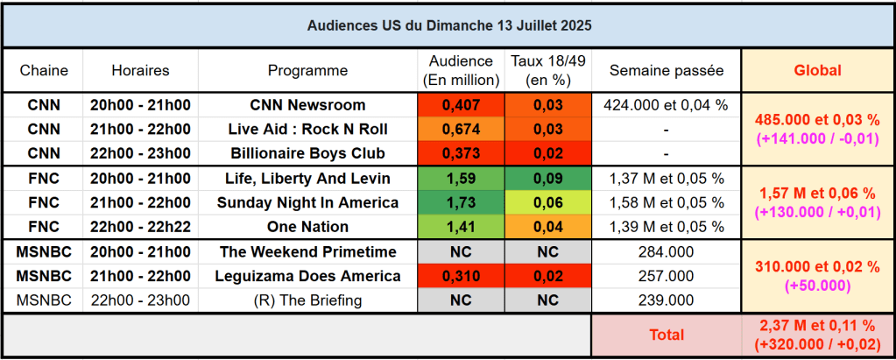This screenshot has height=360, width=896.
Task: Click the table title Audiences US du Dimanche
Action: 448,25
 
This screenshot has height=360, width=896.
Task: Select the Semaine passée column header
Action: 667,70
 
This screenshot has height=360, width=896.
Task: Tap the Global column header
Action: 817,70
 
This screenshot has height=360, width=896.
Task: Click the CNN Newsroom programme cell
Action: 307,105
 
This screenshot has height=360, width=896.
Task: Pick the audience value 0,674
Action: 461,130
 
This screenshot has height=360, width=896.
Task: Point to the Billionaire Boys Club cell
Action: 307,153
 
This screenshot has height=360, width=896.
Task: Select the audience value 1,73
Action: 461,202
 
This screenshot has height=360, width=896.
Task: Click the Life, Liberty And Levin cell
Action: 307,179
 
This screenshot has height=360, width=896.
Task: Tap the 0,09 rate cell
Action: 547,179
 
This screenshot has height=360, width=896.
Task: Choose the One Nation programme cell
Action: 307,227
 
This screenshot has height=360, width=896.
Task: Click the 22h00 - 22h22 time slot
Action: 140,227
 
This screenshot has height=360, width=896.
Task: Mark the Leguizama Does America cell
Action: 307,276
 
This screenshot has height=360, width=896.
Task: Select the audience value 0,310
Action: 461,276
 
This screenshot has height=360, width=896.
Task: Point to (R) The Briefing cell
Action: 307,300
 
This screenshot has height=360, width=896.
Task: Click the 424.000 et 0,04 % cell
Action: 667,105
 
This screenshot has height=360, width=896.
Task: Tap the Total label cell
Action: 667,335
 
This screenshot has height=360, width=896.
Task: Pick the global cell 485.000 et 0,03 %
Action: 817,120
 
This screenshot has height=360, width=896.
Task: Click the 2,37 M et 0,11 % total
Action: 817,327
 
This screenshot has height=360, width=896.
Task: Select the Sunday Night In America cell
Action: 307,202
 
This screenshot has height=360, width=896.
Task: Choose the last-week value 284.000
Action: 667,252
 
